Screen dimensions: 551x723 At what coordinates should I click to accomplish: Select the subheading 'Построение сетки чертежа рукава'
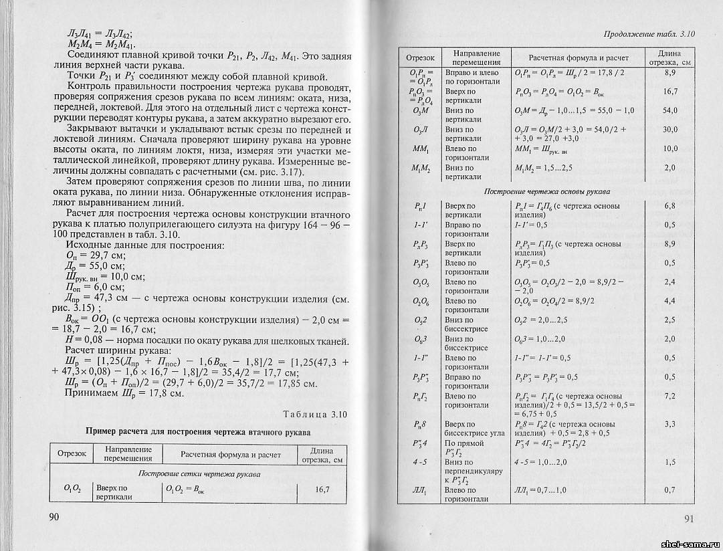click(x=199, y=473)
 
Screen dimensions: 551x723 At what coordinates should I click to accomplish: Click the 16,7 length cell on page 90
click(x=322, y=490)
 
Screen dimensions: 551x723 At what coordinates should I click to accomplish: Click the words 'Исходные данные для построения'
click(x=139, y=245)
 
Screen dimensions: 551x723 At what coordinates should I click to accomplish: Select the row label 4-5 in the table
click(x=419, y=462)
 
